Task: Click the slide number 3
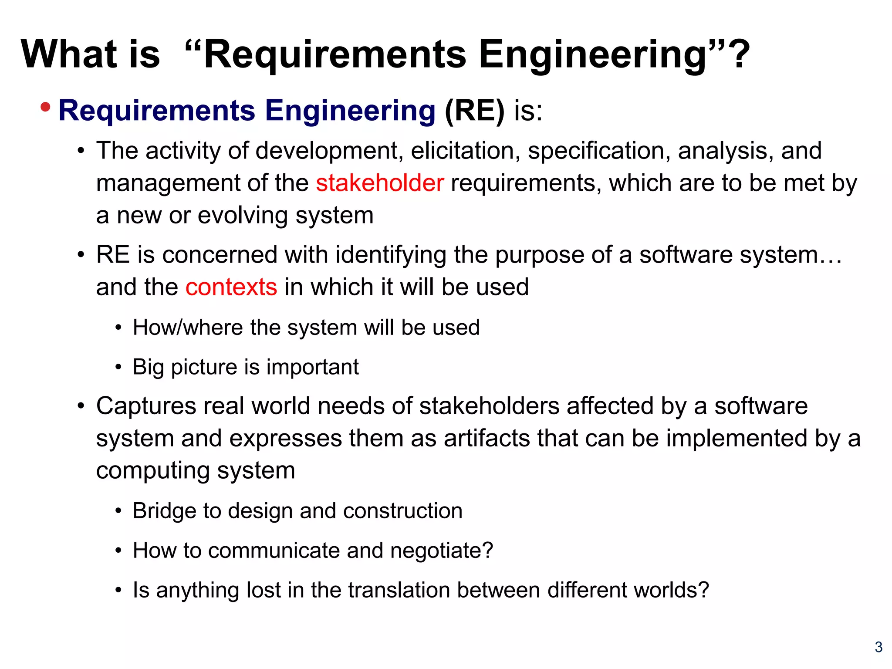pos(878,647)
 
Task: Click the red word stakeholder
pos(380,183)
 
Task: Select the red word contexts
pos(231,287)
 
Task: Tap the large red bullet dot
pos(45,107)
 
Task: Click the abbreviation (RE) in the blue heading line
pos(474,111)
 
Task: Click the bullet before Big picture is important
pos(118,367)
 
